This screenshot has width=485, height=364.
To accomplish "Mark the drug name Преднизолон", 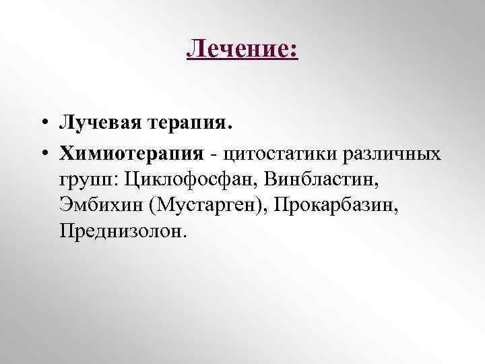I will coord(118,231).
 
